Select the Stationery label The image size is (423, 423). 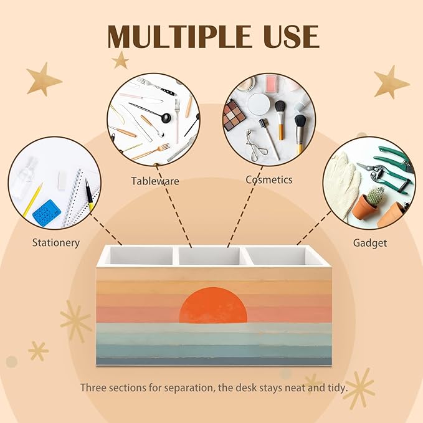pyautogui.click(x=56, y=242)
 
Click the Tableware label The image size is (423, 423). pyautogui.click(x=155, y=181)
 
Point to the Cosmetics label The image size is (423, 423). pyautogui.click(x=269, y=179)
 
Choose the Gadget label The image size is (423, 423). pyautogui.click(x=370, y=243)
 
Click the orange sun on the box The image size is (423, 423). pyautogui.click(x=213, y=305)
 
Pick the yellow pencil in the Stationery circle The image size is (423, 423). pyautogui.click(x=32, y=199)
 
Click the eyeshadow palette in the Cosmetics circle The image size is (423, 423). pyautogui.click(x=234, y=115)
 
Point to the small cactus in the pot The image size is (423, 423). pyautogui.click(x=375, y=196)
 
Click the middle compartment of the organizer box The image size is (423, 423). pyautogui.click(x=209, y=256)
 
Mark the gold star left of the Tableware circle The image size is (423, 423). pyautogui.click(x=120, y=60)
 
